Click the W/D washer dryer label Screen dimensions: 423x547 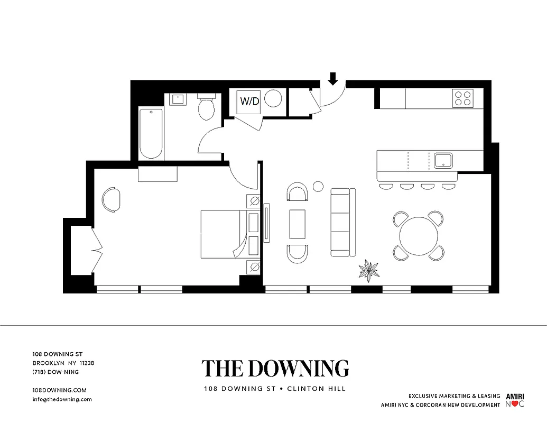[250, 101]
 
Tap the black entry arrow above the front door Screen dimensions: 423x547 [333, 79]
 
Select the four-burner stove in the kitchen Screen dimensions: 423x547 [463, 98]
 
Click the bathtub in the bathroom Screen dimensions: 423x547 [151, 133]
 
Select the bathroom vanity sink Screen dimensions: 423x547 [177, 99]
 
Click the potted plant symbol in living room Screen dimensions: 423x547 [368, 270]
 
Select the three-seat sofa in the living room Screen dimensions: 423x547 [341, 222]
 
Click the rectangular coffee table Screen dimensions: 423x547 [297, 224]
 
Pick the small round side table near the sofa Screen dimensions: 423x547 [318, 186]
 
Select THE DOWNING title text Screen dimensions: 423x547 [275, 369]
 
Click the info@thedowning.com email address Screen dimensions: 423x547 [62, 399]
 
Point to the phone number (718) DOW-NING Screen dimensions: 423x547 [55, 372]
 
